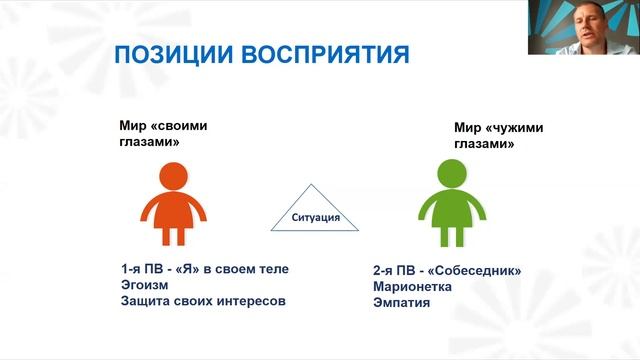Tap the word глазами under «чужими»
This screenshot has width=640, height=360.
pos(484,143)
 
